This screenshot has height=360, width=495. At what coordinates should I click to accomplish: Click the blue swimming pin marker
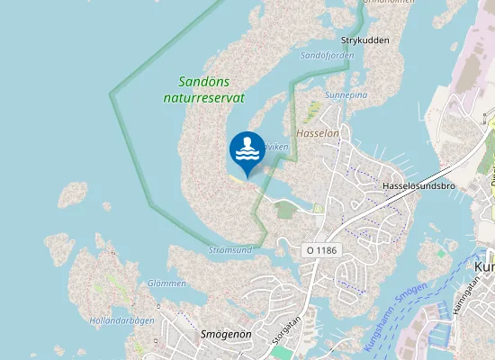coord(247,150)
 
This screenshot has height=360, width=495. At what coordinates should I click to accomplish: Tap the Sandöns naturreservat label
coord(205,88)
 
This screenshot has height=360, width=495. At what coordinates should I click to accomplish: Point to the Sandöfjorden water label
coord(327,56)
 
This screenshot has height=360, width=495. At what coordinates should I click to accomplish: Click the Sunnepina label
coord(346,94)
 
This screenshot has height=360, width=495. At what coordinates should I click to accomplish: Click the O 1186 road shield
coord(321,249)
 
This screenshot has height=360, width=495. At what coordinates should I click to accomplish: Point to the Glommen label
coord(166,283)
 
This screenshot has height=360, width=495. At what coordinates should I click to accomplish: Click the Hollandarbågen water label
coord(121,320)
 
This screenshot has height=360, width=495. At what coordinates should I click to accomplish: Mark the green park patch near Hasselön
coord(286,210)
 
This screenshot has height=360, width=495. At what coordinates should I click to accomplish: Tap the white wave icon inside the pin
coord(247,156)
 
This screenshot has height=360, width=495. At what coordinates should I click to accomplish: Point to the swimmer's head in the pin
coord(247,141)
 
